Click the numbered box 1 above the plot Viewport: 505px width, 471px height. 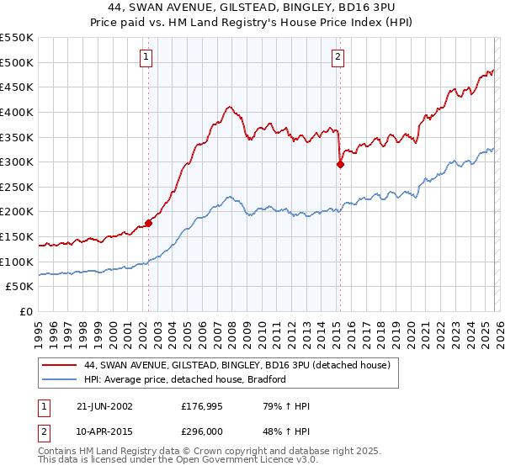click(x=146, y=57)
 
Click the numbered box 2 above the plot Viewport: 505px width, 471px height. click(x=338, y=57)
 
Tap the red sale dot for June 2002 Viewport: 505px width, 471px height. click(x=148, y=223)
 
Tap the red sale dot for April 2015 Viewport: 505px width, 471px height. click(x=340, y=165)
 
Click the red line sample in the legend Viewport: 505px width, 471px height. click(x=59, y=366)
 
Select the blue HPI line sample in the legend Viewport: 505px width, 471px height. click(x=59, y=380)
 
